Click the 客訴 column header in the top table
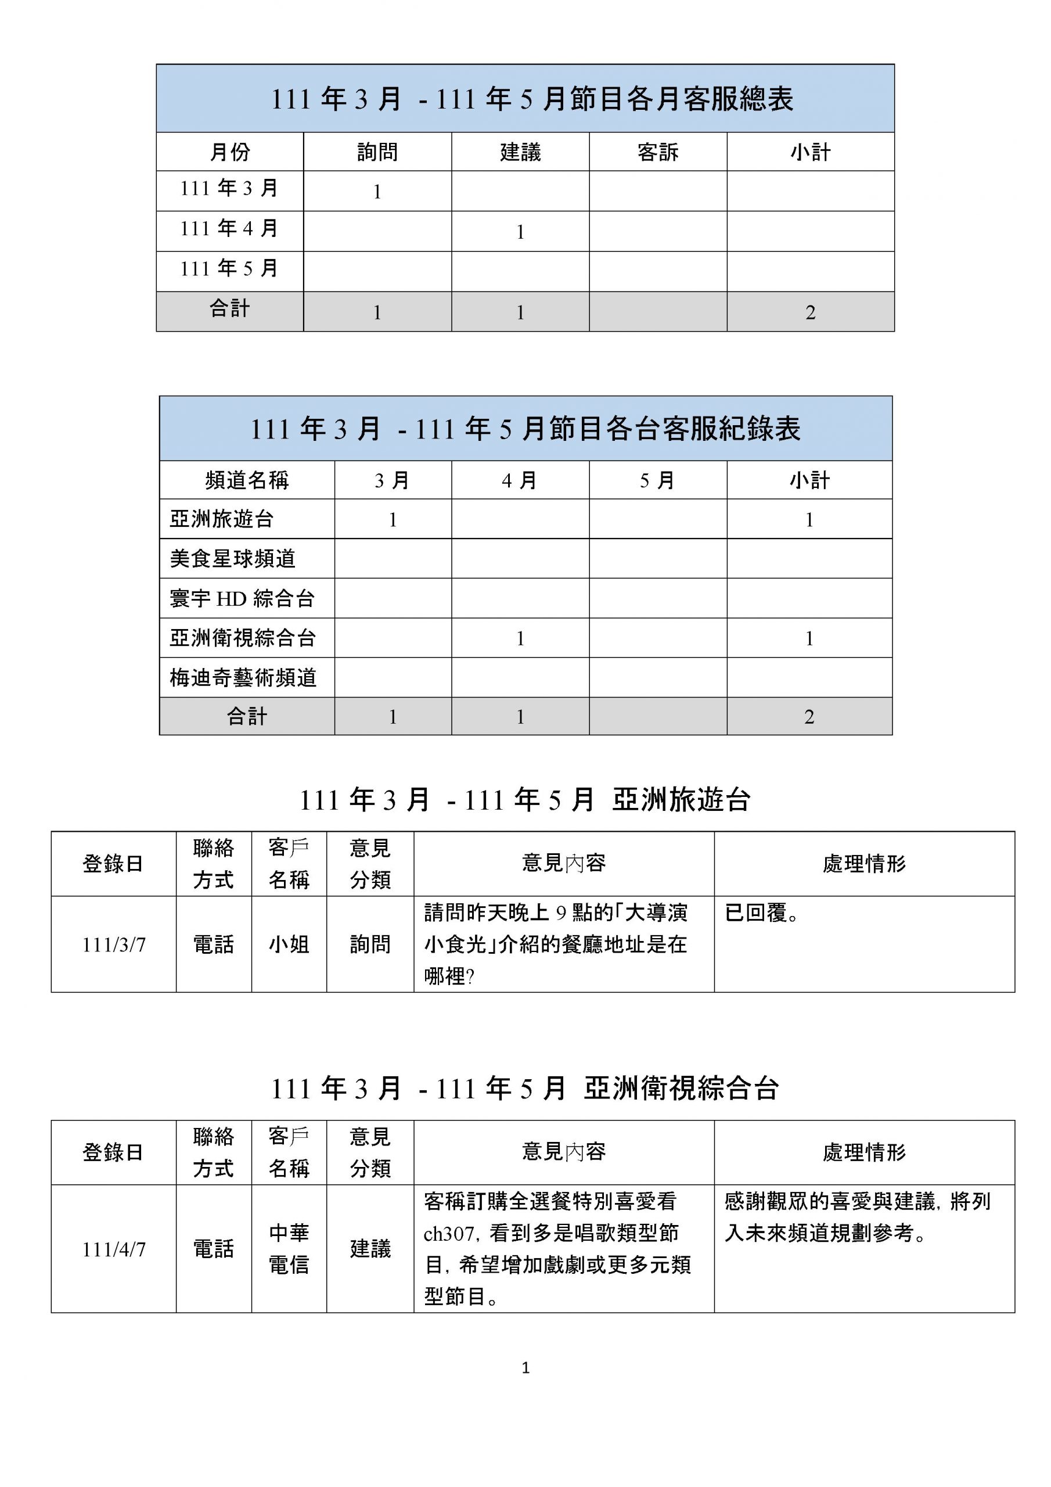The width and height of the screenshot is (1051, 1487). [657, 152]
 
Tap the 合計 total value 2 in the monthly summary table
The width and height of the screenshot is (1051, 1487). [810, 313]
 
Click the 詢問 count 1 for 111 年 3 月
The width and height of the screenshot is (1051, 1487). [377, 192]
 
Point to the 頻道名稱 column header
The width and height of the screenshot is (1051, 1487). [247, 480]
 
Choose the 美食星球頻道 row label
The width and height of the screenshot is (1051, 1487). [232, 558]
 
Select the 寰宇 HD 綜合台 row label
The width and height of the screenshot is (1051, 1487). [242, 598]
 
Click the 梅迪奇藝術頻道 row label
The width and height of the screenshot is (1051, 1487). [243, 677]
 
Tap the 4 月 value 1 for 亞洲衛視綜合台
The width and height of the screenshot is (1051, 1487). [520, 638]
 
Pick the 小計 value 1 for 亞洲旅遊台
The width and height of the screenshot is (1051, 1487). [809, 519]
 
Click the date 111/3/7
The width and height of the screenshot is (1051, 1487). [114, 945]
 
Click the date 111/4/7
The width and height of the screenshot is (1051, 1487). [114, 1249]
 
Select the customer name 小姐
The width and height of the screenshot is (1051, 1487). [289, 945]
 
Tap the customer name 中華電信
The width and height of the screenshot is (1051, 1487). [289, 1249]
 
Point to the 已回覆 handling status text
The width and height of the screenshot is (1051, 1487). [761, 913]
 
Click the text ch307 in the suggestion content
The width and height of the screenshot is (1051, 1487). [449, 1234]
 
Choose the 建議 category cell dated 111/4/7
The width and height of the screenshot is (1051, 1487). [370, 1249]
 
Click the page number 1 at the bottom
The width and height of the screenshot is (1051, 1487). [525, 1368]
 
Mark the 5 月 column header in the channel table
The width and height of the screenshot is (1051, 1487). [657, 480]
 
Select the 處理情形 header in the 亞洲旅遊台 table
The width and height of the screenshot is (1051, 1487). [864, 863]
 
